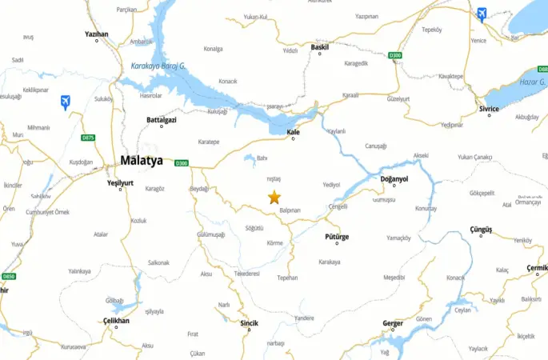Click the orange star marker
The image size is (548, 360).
tap(274, 197)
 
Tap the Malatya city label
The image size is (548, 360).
tap(142, 161)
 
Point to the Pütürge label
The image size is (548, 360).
tap(338, 237)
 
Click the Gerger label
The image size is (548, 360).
tap(393, 323)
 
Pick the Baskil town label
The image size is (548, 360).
tap(320, 47)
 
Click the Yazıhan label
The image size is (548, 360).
tap(96, 34)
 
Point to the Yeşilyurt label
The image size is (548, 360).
tap(120, 182)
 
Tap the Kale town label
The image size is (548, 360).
tap(293, 132)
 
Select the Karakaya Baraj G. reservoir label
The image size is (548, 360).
tap(158, 66)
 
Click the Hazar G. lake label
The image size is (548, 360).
tap(530, 82)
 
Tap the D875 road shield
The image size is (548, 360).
tap(88, 138)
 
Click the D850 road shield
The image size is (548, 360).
tap(8, 276)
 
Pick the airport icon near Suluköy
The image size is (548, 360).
tap(66, 101)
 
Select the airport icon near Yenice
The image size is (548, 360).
tap(482, 14)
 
